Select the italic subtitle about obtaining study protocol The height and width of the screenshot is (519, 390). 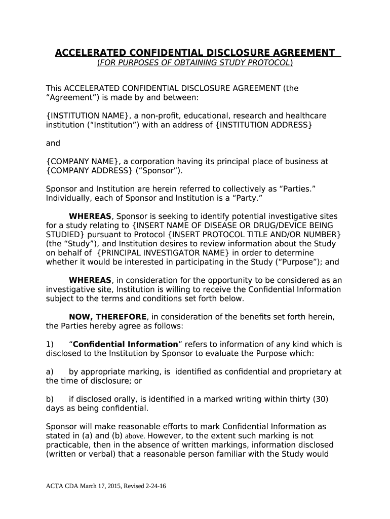coord(194,62)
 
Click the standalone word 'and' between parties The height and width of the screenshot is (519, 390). coord(53,143)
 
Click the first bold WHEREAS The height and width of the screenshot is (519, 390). coord(90,216)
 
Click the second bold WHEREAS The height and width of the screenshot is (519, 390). coord(90,280)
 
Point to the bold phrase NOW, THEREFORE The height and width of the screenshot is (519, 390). coord(108,317)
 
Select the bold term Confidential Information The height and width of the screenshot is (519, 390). coord(126,344)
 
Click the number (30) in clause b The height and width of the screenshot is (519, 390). coord(320,399)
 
